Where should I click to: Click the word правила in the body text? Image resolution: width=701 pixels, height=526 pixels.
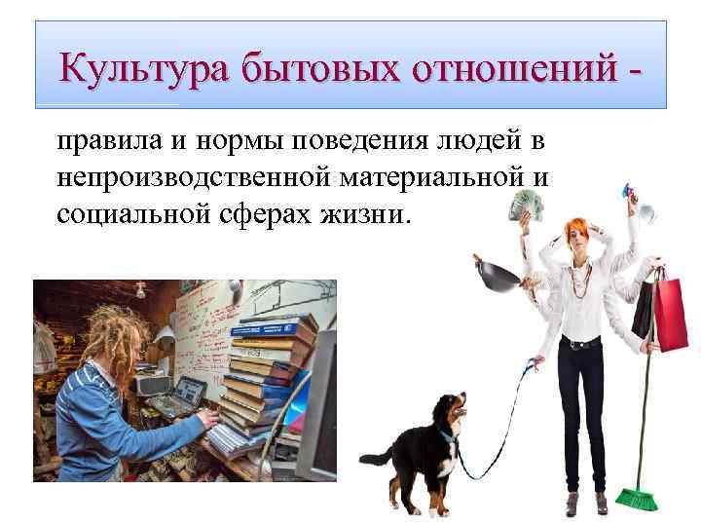pyautogui.click(x=101, y=143)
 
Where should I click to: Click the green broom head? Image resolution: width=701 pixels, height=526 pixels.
pyautogui.click(x=639, y=498)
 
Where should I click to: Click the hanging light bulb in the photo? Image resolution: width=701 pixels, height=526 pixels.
pyautogui.click(x=142, y=289)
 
